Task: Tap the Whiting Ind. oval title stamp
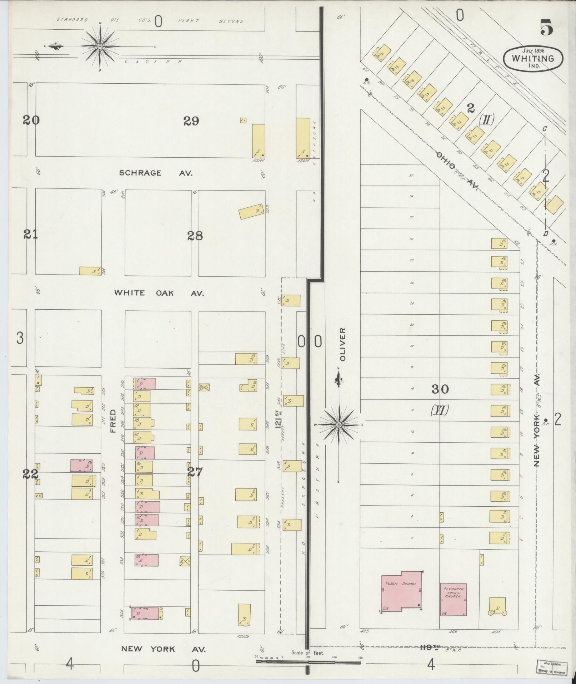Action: [533, 58]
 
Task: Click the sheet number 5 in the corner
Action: [546, 28]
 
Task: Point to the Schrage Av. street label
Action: [156, 173]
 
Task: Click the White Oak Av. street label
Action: [159, 293]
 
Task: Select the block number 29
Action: [191, 122]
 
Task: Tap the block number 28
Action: [195, 236]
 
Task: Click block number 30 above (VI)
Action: [440, 389]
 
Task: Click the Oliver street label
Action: [343, 344]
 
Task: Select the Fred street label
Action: [114, 421]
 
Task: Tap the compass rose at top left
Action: [100, 46]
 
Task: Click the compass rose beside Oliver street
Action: [339, 424]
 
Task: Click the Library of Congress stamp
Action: [552, 668]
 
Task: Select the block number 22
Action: [30, 474]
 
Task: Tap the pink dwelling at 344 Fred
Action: [146, 614]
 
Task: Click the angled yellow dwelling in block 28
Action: [252, 212]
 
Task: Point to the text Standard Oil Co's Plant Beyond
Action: [150, 21]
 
